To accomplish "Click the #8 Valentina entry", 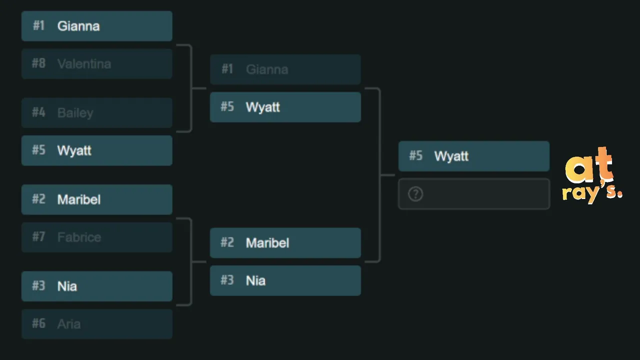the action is (x=97, y=63).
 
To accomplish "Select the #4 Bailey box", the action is (x=97, y=113).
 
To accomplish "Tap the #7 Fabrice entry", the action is (x=97, y=237).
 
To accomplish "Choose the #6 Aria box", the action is (x=97, y=324).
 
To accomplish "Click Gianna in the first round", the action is (x=97, y=26).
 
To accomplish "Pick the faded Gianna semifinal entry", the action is (x=285, y=69).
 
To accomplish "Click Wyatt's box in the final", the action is (x=474, y=156).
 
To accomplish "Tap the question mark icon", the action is (x=415, y=194).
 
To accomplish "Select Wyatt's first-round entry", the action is (x=97, y=150).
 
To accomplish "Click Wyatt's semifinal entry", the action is (x=285, y=107).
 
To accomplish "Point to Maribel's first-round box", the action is (x=97, y=199).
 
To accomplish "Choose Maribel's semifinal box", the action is (x=285, y=243).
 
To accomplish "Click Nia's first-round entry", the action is (x=97, y=286).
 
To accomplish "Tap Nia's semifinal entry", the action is (x=285, y=280).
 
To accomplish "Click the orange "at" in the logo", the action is (x=589, y=165).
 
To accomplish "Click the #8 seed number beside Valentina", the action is (x=38, y=63).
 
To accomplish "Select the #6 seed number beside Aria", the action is (x=38, y=323).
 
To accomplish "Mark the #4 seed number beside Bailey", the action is (x=38, y=112).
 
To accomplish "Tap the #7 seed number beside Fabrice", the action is (x=38, y=237).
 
